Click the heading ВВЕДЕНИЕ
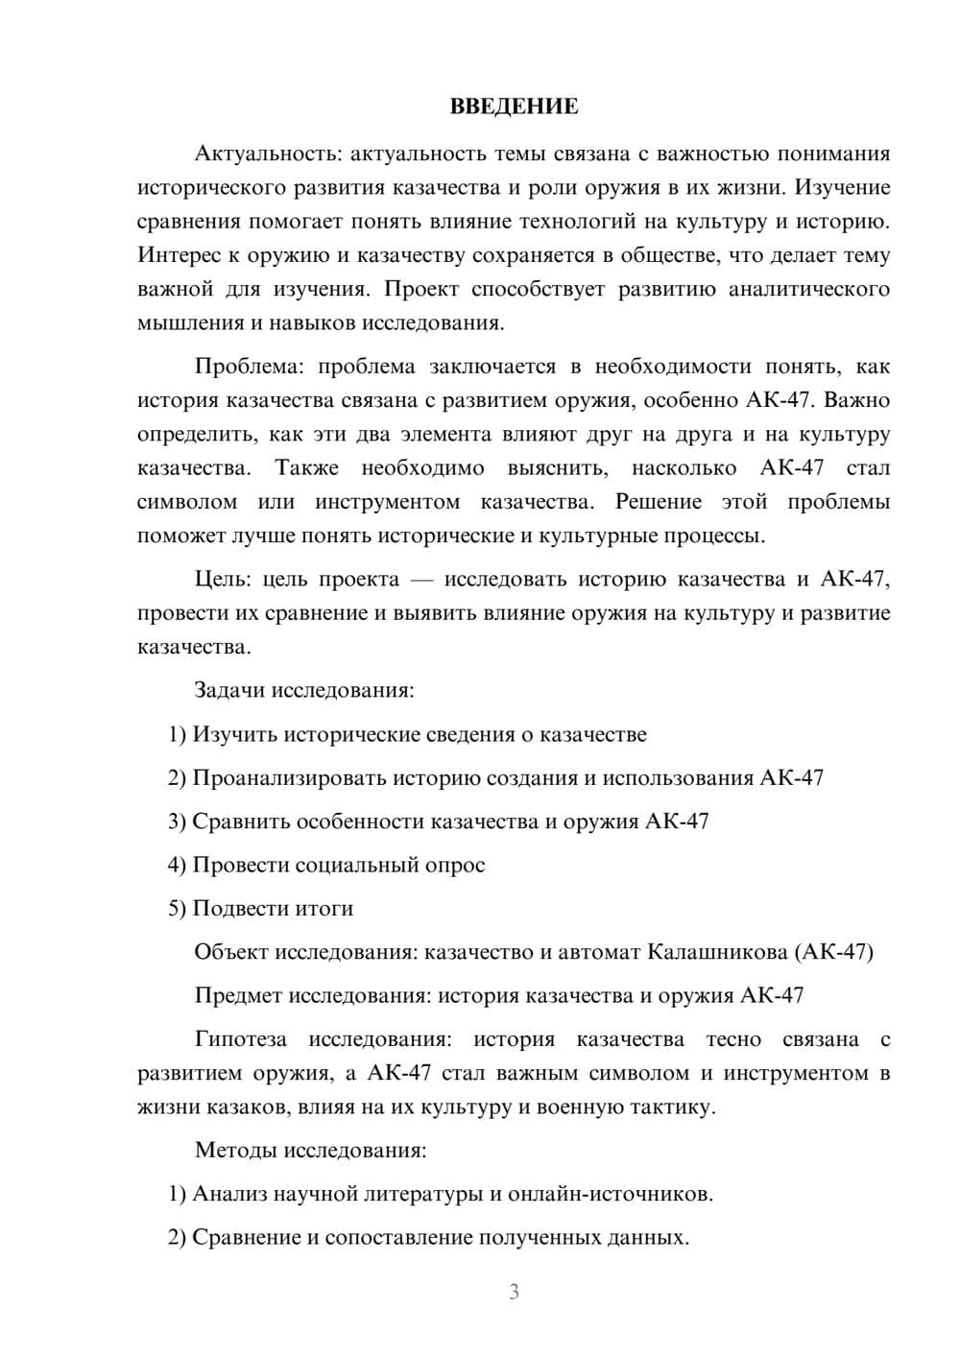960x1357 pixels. (514, 107)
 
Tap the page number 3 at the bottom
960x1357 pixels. (514, 1292)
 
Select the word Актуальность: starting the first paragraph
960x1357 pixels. (268, 154)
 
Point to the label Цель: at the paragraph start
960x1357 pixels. (223, 580)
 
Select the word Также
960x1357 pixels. (307, 468)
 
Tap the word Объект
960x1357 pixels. (230, 952)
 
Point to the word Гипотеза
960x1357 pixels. (240, 1039)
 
